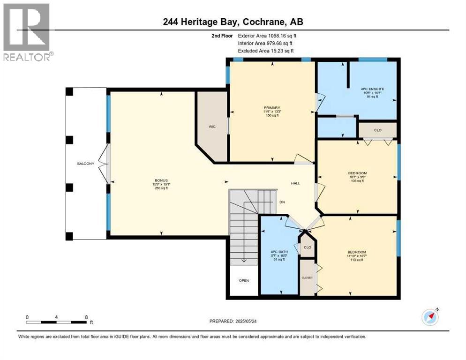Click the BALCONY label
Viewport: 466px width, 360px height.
86,164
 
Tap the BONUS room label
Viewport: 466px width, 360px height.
161,180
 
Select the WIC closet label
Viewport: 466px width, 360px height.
211,127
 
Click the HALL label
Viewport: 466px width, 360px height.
295,183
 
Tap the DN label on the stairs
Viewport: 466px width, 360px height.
282,202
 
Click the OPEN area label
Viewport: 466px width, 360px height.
244,280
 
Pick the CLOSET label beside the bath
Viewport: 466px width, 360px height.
307,278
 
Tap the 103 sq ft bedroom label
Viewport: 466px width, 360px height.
357,173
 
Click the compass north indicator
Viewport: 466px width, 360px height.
430,317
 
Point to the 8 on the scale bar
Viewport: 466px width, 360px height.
86,317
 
